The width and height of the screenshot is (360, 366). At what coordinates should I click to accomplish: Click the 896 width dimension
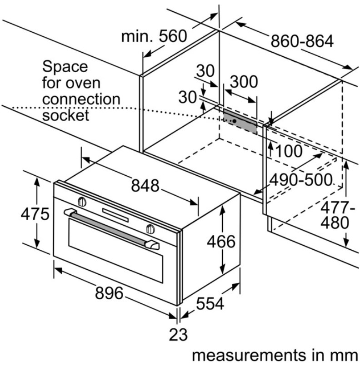[109, 294]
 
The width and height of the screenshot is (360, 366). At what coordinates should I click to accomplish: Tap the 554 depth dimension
[210, 303]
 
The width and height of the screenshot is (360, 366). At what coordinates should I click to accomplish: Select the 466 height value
[221, 242]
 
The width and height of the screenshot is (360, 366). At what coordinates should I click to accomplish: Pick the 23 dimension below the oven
[178, 335]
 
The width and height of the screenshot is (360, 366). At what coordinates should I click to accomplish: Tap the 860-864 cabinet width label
[302, 41]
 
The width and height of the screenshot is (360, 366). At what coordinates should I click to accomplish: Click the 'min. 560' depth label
[154, 36]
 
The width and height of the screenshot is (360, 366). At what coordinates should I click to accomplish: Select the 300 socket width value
[244, 82]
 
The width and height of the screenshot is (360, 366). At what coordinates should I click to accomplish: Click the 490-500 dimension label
[300, 180]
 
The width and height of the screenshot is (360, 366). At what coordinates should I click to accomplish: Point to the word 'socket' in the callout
[65, 115]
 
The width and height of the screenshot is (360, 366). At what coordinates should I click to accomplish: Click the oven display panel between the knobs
[116, 213]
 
